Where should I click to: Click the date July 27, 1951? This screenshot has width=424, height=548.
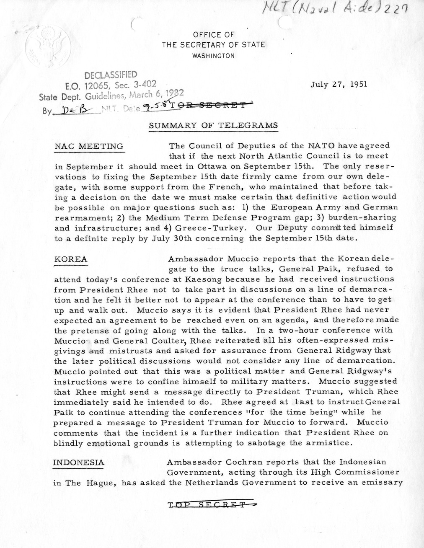click(339, 84)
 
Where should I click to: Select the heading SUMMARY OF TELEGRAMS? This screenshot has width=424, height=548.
click(213, 125)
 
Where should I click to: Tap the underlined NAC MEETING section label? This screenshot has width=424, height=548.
click(89, 146)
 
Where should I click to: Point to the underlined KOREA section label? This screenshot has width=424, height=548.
click(71, 259)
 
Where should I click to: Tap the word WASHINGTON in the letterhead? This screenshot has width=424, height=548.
click(213, 55)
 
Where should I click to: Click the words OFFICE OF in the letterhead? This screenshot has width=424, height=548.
click(213, 35)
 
